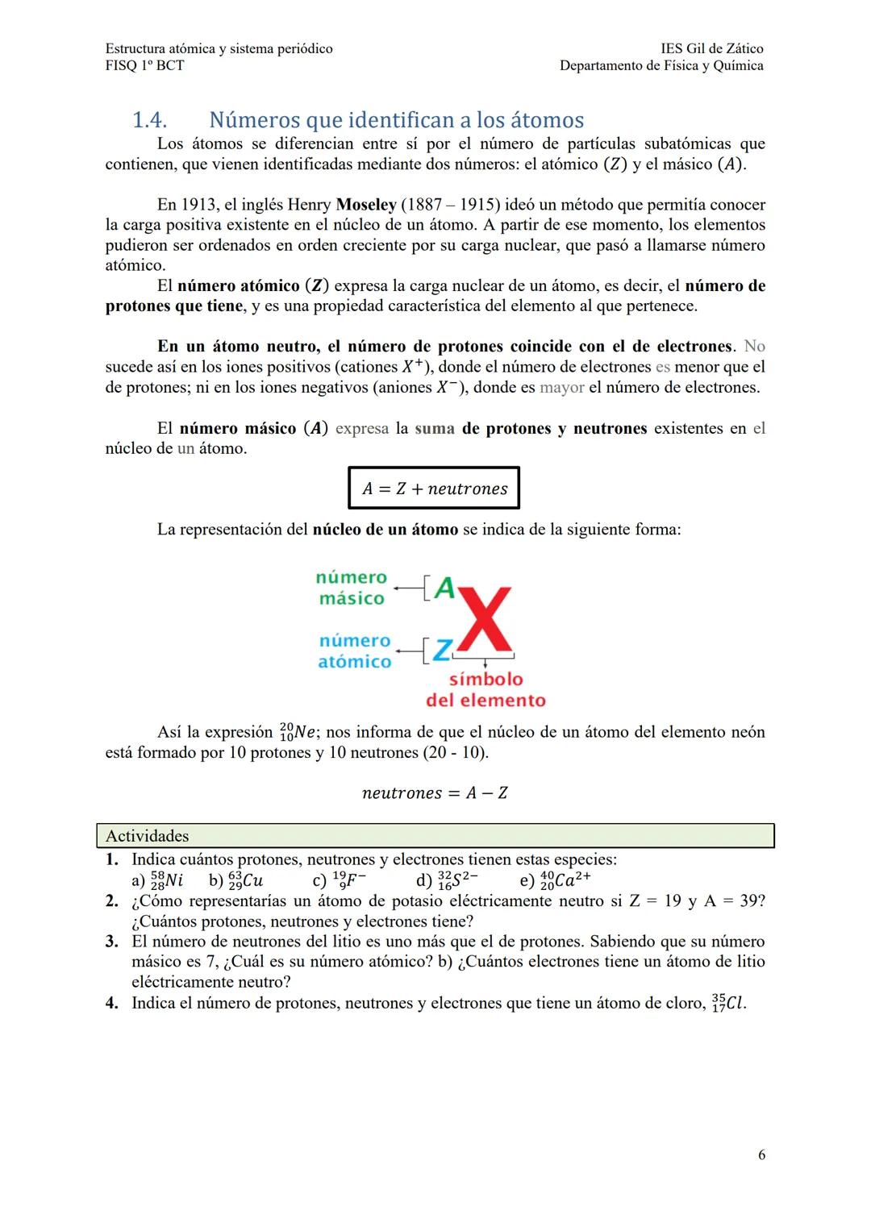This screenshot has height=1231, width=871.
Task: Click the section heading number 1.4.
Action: tap(149, 120)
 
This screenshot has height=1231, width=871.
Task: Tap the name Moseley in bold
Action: tap(365, 205)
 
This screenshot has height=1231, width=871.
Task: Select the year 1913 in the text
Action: tap(198, 205)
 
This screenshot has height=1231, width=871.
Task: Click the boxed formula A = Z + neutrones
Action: tap(434, 489)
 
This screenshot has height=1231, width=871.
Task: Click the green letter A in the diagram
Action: tap(444, 588)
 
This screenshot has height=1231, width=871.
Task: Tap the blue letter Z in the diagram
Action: tap(442, 650)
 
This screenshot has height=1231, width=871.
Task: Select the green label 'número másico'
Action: tap(352, 588)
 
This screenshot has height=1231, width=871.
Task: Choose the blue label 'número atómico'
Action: tap(355, 651)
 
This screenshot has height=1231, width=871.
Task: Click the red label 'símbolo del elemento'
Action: tap(486, 689)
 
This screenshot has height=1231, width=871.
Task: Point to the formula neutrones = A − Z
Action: tap(435, 793)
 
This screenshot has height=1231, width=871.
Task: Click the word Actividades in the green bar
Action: tap(148, 836)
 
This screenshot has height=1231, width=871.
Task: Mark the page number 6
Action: tap(761, 1155)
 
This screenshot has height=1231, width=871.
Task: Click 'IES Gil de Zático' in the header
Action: tap(711, 48)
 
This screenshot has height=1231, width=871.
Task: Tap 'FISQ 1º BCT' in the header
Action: tap(144, 65)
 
